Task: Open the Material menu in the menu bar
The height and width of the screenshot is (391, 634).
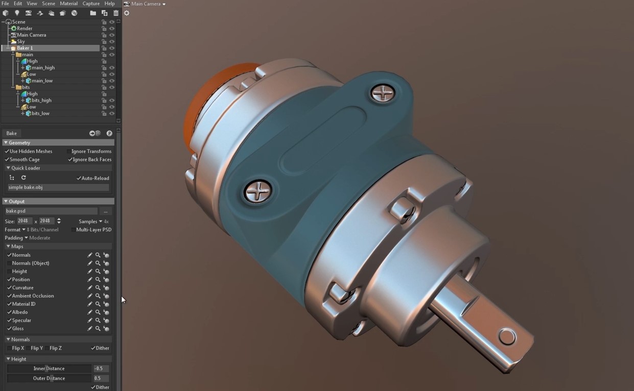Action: point(68,4)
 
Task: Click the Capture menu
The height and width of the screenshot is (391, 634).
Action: point(91,4)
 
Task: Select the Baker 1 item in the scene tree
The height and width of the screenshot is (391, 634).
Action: point(25,48)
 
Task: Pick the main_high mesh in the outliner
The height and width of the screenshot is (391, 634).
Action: point(43,68)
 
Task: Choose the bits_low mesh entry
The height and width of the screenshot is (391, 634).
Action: point(40,113)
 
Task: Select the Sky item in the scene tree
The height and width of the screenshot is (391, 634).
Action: point(20,41)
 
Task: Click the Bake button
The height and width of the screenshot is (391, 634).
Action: point(12,133)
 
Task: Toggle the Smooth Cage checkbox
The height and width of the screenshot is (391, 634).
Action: point(7,160)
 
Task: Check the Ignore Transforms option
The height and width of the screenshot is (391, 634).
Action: point(69,152)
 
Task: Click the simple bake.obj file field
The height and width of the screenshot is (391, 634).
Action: point(57,187)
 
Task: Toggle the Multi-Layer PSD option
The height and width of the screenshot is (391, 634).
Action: point(74,230)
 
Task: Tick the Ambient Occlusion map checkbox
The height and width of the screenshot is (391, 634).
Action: point(9,296)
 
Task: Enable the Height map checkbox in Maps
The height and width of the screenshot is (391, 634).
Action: point(9,272)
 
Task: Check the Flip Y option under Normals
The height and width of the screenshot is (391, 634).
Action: point(29,348)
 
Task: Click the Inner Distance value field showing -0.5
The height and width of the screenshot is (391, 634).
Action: point(100,369)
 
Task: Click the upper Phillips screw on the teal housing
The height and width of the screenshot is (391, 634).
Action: point(382,93)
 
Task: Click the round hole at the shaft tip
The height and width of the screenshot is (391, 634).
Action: point(507,337)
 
